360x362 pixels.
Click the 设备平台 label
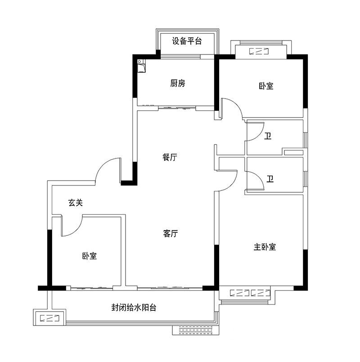[187, 41]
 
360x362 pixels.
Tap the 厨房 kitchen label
[178, 83]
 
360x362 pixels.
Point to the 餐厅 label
[170, 157]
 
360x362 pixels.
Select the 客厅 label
[170, 233]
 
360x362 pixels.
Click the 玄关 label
[76, 203]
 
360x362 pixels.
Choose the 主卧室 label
[265, 247]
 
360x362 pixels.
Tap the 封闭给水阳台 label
[134, 308]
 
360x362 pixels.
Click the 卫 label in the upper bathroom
[268, 136]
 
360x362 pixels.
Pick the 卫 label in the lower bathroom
[270, 179]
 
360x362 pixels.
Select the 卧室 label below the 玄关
[90, 256]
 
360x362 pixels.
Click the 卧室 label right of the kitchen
[266, 86]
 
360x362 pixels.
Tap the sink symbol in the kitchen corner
[141, 66]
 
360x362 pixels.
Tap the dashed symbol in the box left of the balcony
[49, 318]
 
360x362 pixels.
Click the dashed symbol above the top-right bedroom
[259, 51]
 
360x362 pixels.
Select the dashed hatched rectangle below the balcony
[196, 330]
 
